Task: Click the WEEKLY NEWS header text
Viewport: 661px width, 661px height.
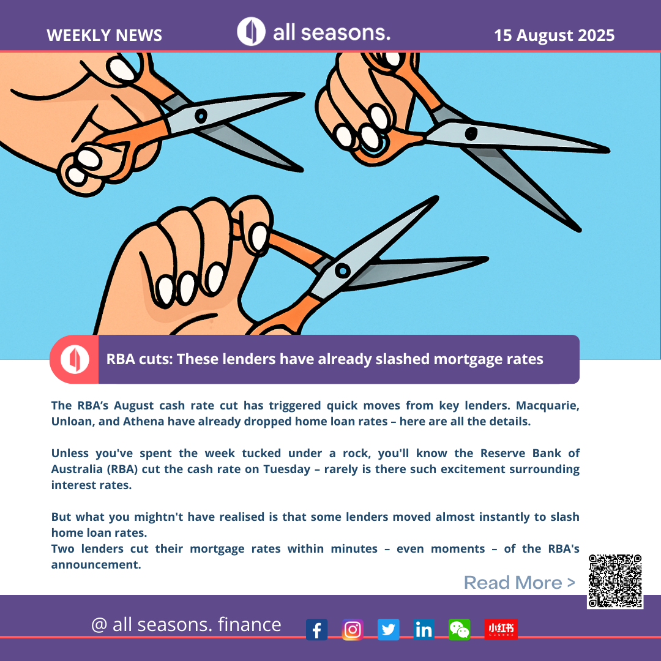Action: coord(104,35)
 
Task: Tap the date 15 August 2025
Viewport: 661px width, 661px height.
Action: coord(554,35)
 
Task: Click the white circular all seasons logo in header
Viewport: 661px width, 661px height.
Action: coord(252,32)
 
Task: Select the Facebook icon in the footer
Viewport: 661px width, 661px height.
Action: coord(316,629)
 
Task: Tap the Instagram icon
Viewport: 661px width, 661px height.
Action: coord(353,629)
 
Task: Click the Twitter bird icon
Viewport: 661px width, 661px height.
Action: coord(388,629)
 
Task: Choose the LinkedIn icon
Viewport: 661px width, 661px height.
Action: coord(424,629)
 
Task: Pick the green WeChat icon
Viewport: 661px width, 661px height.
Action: coord(460,629)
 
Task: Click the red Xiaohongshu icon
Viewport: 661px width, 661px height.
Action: coord(501,629)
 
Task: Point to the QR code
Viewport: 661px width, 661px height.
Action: coord(615,581)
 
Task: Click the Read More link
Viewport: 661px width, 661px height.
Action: coord(520,583)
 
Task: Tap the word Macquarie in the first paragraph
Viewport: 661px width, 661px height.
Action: coord(548,406)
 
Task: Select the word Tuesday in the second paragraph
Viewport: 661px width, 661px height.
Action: coord(286,469)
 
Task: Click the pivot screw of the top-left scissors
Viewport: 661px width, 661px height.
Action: coord(201,116)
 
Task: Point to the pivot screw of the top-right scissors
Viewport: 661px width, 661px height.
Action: coord(471,133)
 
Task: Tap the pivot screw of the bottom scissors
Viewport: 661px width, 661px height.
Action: coord(342,271)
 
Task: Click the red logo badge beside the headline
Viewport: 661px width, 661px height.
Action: coord(74,359)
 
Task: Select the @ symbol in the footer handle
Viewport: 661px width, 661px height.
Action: coord(99,625)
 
